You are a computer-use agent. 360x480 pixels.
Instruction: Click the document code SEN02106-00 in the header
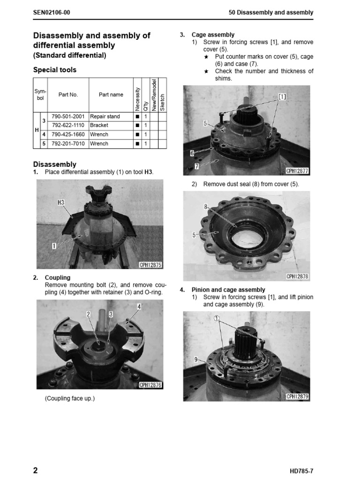point(52,13)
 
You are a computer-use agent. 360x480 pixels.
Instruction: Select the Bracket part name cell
point(99,126)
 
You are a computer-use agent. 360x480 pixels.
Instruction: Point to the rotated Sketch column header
point(163,101)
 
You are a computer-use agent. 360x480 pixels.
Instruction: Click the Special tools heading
point(54,70)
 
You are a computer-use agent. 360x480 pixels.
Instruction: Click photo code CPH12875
point(150,265)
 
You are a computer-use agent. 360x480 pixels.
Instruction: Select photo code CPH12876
point(150,385)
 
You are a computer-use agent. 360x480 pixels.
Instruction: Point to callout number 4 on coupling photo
point(139,307)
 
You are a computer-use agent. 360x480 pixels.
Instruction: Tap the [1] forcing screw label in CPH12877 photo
point(282,97)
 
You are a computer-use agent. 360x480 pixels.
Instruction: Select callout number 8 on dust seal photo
point(205,206)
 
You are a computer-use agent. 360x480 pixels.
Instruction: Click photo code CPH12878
point(297,277)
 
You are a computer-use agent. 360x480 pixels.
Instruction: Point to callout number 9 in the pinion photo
point(195,360)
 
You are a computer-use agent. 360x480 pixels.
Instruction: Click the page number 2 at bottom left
point(36,471)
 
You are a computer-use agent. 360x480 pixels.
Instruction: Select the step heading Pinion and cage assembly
point(228,290)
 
